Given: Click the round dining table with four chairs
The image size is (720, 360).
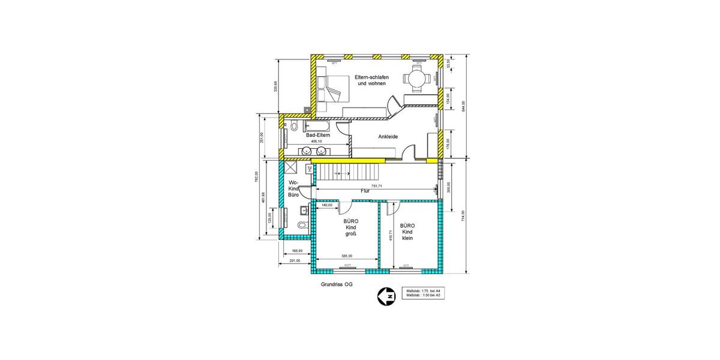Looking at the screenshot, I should tap(417, 77).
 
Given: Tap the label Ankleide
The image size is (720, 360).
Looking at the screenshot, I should tap(388, 137).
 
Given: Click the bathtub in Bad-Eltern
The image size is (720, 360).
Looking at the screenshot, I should tap(318, 127).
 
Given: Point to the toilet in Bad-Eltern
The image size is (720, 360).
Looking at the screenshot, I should tap(293, 127).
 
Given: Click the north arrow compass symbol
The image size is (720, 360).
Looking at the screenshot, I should tap(386, 296).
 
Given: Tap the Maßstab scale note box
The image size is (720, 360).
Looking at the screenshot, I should tap(424, 293).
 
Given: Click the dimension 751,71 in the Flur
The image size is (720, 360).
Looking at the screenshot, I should tap(376, 186).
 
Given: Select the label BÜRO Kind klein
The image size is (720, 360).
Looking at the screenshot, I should tap(408, 232).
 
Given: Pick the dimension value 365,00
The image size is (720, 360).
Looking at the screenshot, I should tap(347, 256).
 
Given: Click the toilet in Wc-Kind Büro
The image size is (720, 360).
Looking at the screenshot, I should tap(303, 225).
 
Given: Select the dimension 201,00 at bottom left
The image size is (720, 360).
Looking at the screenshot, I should tap(295, 261).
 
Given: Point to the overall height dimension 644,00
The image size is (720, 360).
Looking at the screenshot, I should tap(463, 107).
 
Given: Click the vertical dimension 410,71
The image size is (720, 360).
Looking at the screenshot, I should tap(390, 236).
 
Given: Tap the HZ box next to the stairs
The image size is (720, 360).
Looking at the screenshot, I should tap(309, 169).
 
